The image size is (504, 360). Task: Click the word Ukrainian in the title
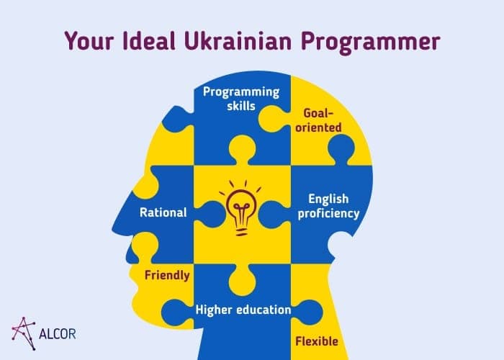click(238, 41)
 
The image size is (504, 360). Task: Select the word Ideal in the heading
click(149, 41)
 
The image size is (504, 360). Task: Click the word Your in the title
click(89, 41)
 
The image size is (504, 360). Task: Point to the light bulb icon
click(242, 208)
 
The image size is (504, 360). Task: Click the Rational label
click(163, 212)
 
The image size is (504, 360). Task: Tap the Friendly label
click(167, 276)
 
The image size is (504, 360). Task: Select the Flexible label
click(317, 341)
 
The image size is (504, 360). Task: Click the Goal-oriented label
click(318, 120)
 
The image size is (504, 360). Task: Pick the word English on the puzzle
click(328, 199)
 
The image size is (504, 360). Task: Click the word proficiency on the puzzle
click(328, 214)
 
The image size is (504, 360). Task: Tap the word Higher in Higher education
click(214, 310)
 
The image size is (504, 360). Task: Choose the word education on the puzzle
click(264, 310)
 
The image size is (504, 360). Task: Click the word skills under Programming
click(241, 106)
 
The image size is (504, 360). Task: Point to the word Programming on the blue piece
click(241, 92)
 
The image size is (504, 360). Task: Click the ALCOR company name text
click(57, 334)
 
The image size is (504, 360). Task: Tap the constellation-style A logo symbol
click(24, 333)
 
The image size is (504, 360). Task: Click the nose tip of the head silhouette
click(112, 229)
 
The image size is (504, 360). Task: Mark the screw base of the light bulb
click(242, 231)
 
